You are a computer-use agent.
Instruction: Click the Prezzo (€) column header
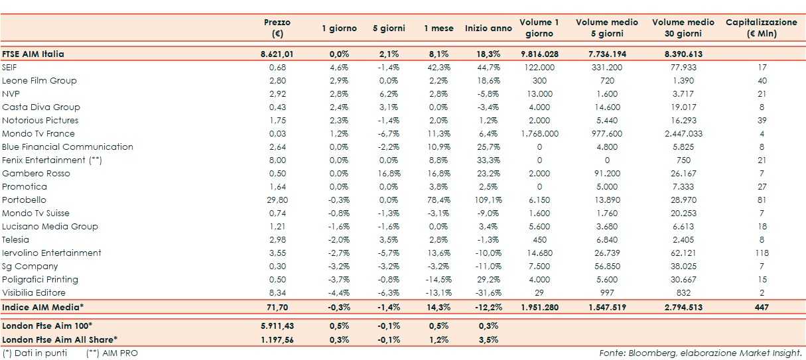click(x=277, y=28)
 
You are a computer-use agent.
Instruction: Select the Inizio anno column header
click(x=488, y=29)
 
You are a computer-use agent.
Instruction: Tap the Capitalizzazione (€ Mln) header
click(x=762, y=28)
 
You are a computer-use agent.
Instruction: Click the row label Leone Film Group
click(x=40, y=80)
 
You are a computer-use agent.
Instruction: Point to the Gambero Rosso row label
click(x=36, y=173)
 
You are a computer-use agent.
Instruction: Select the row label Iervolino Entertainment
click(x=52, y=253)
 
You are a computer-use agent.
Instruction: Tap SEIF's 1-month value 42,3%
click(x=438, y=67)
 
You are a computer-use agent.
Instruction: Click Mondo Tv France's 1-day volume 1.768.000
click(x=539, y=133)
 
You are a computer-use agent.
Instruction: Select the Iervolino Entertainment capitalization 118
click(x=762, y=253)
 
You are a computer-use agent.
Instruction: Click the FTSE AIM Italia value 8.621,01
click(x=277, y=54)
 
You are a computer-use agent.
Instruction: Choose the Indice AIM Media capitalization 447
click(x=762, y=308)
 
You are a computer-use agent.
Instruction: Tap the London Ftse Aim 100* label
click(x=47, y=326)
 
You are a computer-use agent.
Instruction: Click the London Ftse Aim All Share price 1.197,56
click(x=277, y=339)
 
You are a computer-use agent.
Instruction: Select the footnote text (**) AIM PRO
click(x=112, y=353)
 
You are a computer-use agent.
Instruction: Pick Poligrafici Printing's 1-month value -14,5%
click(x=438, y=279)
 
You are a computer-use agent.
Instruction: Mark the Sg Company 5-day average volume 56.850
click(x=606, y=266)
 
